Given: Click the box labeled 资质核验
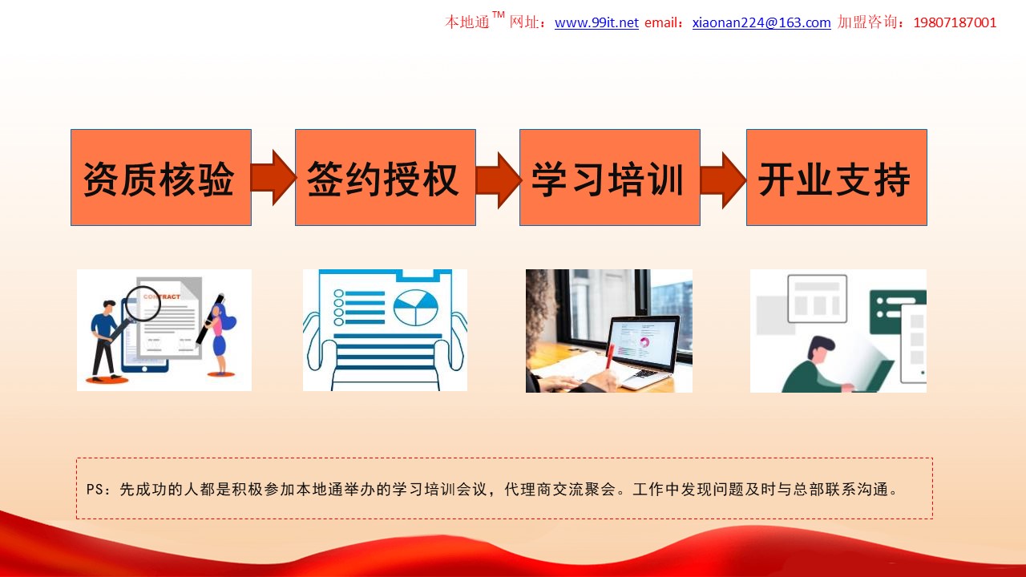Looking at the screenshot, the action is coord(161,177).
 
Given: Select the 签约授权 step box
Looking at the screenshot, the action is coord(386,177).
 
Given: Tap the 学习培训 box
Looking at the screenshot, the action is coord(610,177).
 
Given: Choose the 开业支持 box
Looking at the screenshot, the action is coord(836,177).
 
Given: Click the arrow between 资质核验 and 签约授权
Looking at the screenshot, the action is coord(273,177).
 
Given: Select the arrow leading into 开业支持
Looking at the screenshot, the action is coord(723,180).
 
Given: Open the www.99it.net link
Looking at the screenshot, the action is coord(596,22).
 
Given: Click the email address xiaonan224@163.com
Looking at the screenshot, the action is coord(761,22).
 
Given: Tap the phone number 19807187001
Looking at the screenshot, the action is coord(955,22).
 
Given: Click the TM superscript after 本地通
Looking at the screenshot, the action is coord(499,14).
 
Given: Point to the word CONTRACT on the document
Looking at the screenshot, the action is coord(162,297).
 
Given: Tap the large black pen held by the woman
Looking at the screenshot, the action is coord(209,319).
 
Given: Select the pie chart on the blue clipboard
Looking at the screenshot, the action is coord(415,308).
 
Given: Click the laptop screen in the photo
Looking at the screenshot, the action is coord(643,342).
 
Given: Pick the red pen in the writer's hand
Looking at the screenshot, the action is coord(610,357).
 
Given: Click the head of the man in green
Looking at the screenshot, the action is coord(818,350).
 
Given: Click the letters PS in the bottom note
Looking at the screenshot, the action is coord(95,489).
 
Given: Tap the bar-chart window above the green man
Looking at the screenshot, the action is coord(817,299).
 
